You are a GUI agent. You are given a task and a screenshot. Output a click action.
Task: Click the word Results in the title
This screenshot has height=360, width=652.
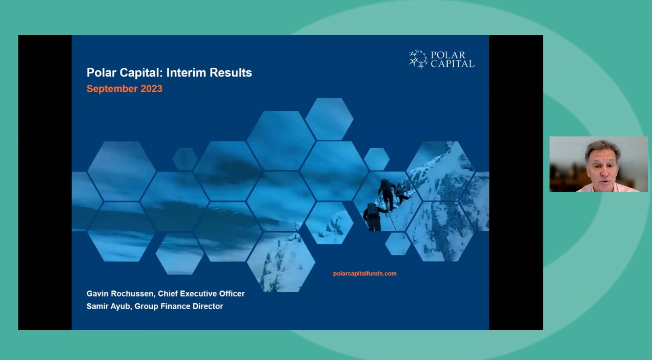pos(232,73)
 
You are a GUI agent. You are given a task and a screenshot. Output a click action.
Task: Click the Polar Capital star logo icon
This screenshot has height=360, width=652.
pos(418,59)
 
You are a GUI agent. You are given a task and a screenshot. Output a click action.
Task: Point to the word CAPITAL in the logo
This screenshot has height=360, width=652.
pos(453,64)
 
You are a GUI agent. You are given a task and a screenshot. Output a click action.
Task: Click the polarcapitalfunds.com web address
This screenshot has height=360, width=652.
pos(364,274)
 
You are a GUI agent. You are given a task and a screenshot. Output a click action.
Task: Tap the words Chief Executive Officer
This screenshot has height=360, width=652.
pos(201,294)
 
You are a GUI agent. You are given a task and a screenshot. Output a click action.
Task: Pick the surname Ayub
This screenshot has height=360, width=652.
pos(121,306)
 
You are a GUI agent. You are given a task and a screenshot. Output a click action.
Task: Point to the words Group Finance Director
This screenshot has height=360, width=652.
pos(179,306)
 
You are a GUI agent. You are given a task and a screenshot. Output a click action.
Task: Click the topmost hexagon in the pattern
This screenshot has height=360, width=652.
pos(329,118)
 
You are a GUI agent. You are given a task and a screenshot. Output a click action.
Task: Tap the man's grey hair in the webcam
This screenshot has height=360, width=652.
pos(603,147)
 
